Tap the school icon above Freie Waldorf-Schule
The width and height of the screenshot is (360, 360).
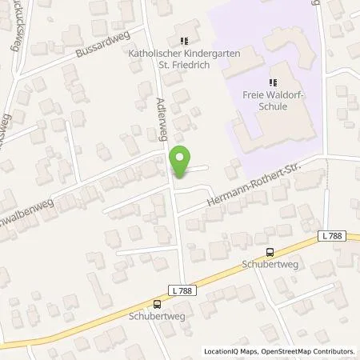[x=272, y=81]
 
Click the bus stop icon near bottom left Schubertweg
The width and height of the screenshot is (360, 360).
[x=157, y=303]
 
